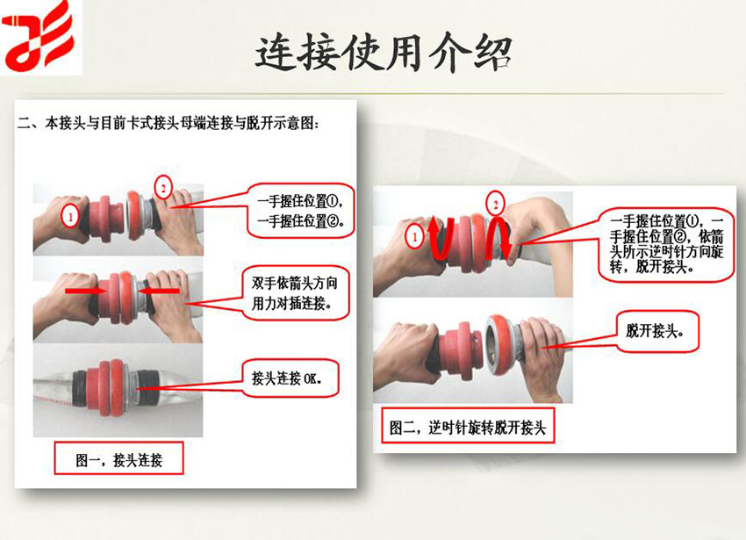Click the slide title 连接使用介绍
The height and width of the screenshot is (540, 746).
(384, 53)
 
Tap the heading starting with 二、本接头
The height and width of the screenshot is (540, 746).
(168, 124)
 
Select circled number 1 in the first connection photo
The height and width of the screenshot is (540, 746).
(70, 217)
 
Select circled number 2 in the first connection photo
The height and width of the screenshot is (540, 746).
(163, 188)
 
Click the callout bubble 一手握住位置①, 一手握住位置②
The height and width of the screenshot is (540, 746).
(301, 211)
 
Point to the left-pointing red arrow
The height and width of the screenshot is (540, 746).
(161, 290)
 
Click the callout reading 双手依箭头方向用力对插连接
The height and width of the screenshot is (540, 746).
(295, 293)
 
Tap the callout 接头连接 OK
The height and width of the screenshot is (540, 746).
(291, 378)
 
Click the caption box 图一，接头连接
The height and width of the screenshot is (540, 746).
(119, 458)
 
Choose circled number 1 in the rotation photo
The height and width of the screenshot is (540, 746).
(414, 237)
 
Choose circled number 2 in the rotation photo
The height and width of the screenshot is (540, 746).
(495, 205)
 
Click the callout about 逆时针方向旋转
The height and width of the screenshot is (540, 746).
(666, 244)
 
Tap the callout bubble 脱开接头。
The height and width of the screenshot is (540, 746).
(657, 331)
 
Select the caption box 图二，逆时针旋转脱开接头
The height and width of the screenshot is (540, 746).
(468, 426)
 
